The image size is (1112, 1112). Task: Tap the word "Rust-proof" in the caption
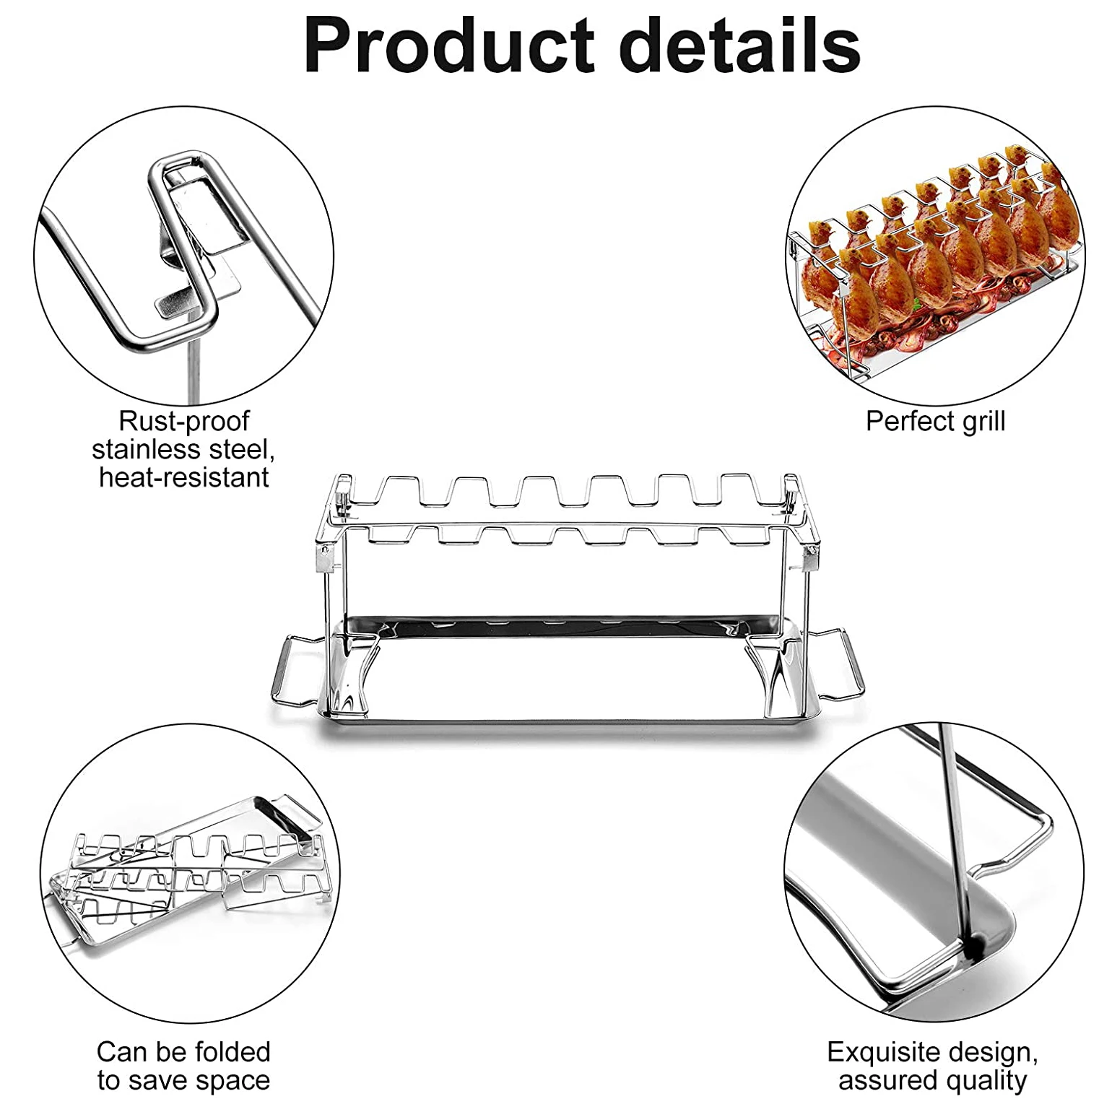coord(183,420)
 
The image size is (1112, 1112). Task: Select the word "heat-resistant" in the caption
coord(183,477)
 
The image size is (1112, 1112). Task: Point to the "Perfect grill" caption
coord(935,421)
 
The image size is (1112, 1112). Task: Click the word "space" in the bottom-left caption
coord(235,1081)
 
